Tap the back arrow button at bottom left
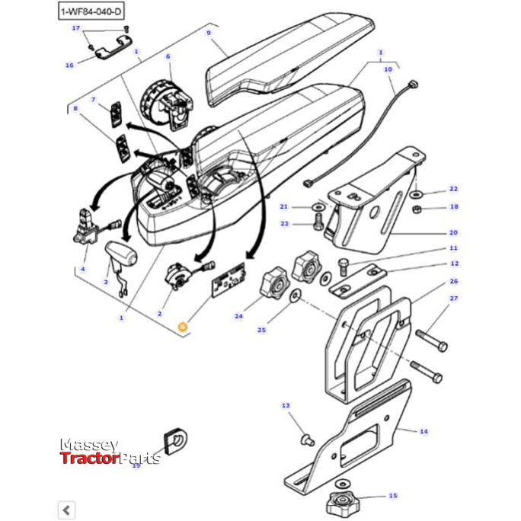click(67, 510)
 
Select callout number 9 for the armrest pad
click(208, 34)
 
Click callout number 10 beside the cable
click(388, 69)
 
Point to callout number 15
click(393, 496)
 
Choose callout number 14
click(423, 431)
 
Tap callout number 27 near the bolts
click(454, 299)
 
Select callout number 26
click(454, 282)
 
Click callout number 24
click(238, 317)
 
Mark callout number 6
click(168, 56)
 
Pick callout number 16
click(69, 66)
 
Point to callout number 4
click(84, 270)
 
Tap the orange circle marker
click(182, 327)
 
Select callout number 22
click(453, 189)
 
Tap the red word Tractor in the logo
click(89, 458)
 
